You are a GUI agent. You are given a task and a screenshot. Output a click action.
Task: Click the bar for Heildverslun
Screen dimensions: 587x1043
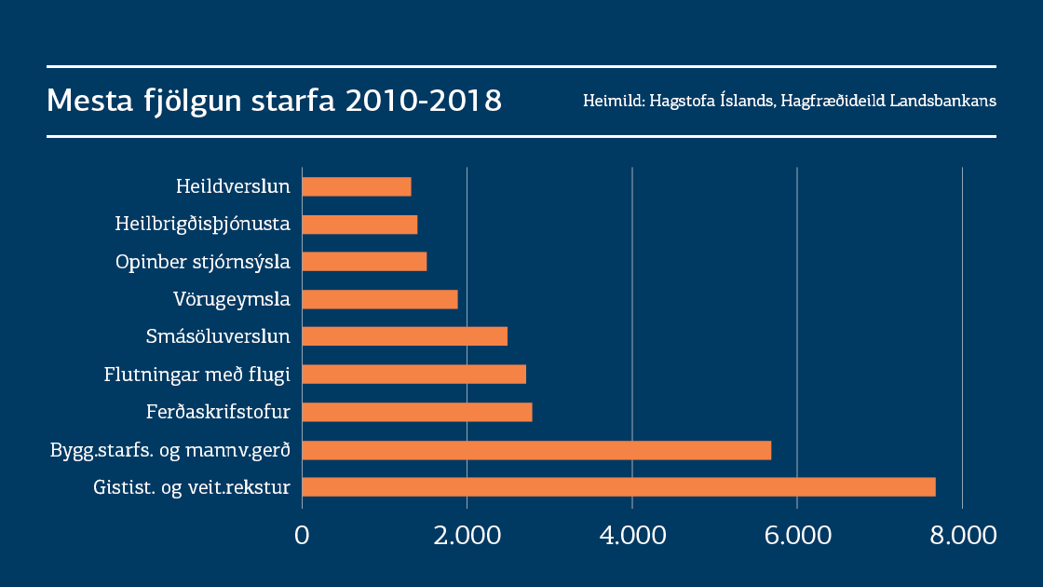pos(357,186)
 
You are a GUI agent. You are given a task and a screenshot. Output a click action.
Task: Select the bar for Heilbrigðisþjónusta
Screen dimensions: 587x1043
pos(359,224)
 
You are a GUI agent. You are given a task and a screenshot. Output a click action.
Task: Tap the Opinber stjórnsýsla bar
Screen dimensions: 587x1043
pos(364,262)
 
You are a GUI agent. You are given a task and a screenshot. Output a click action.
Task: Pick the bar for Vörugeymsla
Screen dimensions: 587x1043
pos(380,299)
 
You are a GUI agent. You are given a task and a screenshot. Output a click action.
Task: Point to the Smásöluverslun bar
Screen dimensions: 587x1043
pos(405,336)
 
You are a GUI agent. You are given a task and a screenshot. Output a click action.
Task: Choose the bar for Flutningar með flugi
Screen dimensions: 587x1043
pos(414,375)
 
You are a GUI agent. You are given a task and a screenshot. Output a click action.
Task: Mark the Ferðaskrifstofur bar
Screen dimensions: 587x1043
pos(417,412)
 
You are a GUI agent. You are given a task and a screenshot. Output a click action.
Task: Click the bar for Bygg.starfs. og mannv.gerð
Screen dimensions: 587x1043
pos(536,450)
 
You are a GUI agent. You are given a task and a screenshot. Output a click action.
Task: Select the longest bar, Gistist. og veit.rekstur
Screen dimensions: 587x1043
pos(618,487)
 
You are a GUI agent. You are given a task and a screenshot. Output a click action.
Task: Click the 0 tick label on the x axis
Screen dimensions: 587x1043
pos(302,536)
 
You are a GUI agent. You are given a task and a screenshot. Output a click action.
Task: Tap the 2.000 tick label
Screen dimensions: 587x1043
pos(467,536)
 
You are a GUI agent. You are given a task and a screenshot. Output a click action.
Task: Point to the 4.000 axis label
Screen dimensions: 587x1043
pos(632,536)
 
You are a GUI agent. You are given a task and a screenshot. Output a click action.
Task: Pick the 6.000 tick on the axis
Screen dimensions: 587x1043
pos(797,536)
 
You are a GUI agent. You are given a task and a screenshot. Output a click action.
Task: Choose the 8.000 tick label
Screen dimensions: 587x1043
pos(962,536)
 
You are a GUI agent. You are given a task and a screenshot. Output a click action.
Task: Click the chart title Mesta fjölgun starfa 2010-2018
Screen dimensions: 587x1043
pos(274,101)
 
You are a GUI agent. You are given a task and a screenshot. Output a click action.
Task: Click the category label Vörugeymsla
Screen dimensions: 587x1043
pos(232,299)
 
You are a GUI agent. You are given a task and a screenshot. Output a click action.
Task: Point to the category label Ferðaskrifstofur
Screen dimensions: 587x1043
pos(218,412)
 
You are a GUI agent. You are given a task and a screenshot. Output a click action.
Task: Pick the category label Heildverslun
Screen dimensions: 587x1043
pos(233,186)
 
